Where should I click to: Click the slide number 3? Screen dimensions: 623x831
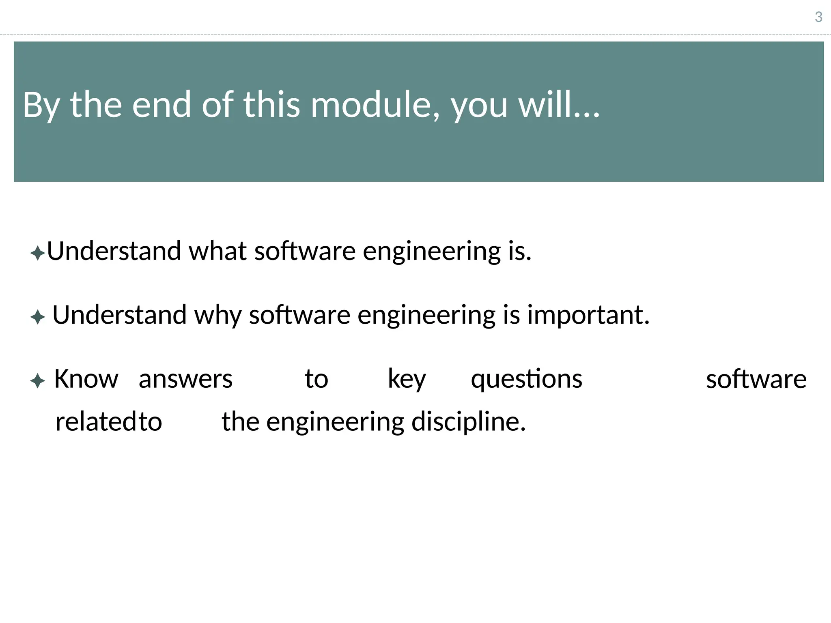(x=818, y=17)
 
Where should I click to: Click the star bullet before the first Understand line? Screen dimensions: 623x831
(x=37, y=253)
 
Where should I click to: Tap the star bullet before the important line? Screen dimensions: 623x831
(x=37, y=317)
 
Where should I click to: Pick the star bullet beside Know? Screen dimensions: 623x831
(x=37, y=381)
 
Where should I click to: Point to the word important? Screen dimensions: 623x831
(x=588, y=316)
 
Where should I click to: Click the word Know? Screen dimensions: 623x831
(x=86, y=379)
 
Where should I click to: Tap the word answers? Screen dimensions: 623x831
(x=185, y=379)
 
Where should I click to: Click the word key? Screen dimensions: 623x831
(x=407, y=380)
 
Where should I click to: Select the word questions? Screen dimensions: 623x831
(x=526, y=380)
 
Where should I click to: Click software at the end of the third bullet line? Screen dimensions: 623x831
(x=756, y=379)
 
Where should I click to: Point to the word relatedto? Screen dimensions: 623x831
(x=108, y=421)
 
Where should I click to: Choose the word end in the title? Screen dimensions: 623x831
(x=161, y=105)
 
